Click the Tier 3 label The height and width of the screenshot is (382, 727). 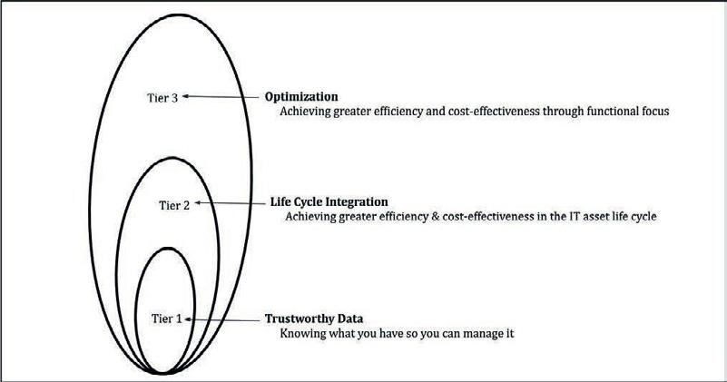tap(162, 98)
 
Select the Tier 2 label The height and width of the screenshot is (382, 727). tap(174, 205)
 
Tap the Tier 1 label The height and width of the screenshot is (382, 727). tap(167, 319)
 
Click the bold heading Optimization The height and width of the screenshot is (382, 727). tap(301, 97)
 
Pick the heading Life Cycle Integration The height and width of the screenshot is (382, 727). tap(329, 202)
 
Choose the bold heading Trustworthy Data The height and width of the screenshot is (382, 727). tap(314, 319)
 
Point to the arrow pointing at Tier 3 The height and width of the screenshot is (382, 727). tap(221, 97)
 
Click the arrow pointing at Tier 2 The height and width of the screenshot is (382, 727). tap(229, 203)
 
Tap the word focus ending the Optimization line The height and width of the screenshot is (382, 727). tap(656, 112)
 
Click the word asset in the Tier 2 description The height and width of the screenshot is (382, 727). tap(587, 217)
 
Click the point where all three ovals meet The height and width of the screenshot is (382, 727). tap(162, 373)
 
